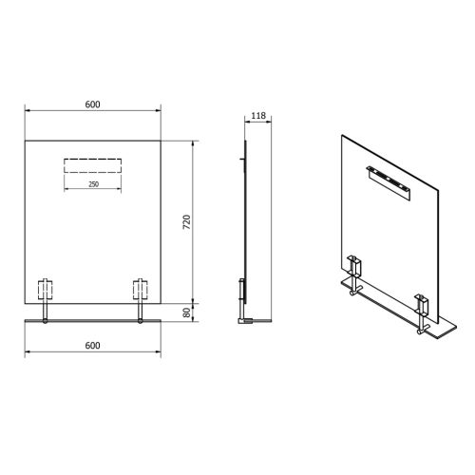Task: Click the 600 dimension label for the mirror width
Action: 92,104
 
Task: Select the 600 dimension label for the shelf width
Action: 92,346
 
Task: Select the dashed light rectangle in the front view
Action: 92,165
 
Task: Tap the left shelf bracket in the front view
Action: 45,291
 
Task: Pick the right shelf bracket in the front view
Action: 141,291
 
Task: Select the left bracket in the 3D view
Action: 356,271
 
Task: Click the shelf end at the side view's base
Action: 247,321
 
